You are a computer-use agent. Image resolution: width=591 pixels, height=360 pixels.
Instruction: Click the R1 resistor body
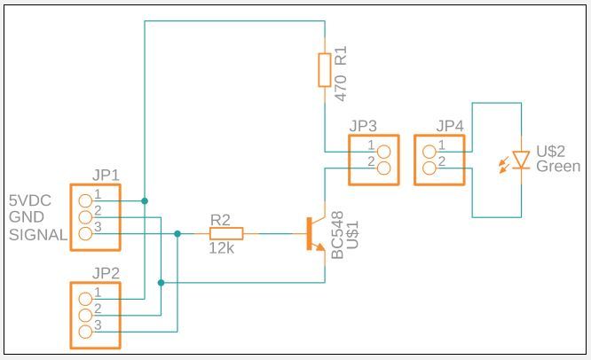coord(325,70)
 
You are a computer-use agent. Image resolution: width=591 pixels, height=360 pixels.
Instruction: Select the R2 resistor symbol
coord(226,233)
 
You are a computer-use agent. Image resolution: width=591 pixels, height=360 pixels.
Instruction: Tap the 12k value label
coord(222,248)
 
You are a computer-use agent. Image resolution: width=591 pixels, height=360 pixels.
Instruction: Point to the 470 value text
coord(341,88)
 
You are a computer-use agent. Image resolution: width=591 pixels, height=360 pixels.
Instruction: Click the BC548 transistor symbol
coord(316,233)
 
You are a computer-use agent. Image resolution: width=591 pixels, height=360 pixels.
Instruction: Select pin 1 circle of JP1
coord(85,201)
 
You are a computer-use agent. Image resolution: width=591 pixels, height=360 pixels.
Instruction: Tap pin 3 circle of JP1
coord(85,234)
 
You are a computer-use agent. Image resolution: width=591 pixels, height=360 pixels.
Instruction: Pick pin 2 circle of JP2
coord(85,315)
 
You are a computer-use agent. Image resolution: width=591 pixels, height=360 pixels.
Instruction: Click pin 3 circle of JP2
coord(85,332)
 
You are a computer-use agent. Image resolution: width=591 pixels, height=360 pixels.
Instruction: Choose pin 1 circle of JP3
coord(383,152)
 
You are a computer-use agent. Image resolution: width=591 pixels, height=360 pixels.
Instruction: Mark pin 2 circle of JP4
coord(429,168)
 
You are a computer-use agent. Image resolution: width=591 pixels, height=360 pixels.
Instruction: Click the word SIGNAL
coord(38,235)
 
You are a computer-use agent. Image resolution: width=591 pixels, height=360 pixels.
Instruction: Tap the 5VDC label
coord(30,200)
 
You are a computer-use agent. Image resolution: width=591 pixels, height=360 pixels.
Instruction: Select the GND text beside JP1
coord(27,217)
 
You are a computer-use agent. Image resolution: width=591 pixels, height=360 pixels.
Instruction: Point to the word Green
coord(558,166)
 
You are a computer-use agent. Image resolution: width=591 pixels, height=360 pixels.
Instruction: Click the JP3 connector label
coord(363,126)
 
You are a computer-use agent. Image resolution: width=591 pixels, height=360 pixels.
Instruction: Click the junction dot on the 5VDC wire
coord(145,200)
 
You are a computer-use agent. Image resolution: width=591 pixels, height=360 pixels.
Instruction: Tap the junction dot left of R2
coord(177,234)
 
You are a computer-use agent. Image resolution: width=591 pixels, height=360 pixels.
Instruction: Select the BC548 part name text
coord(337,235)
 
